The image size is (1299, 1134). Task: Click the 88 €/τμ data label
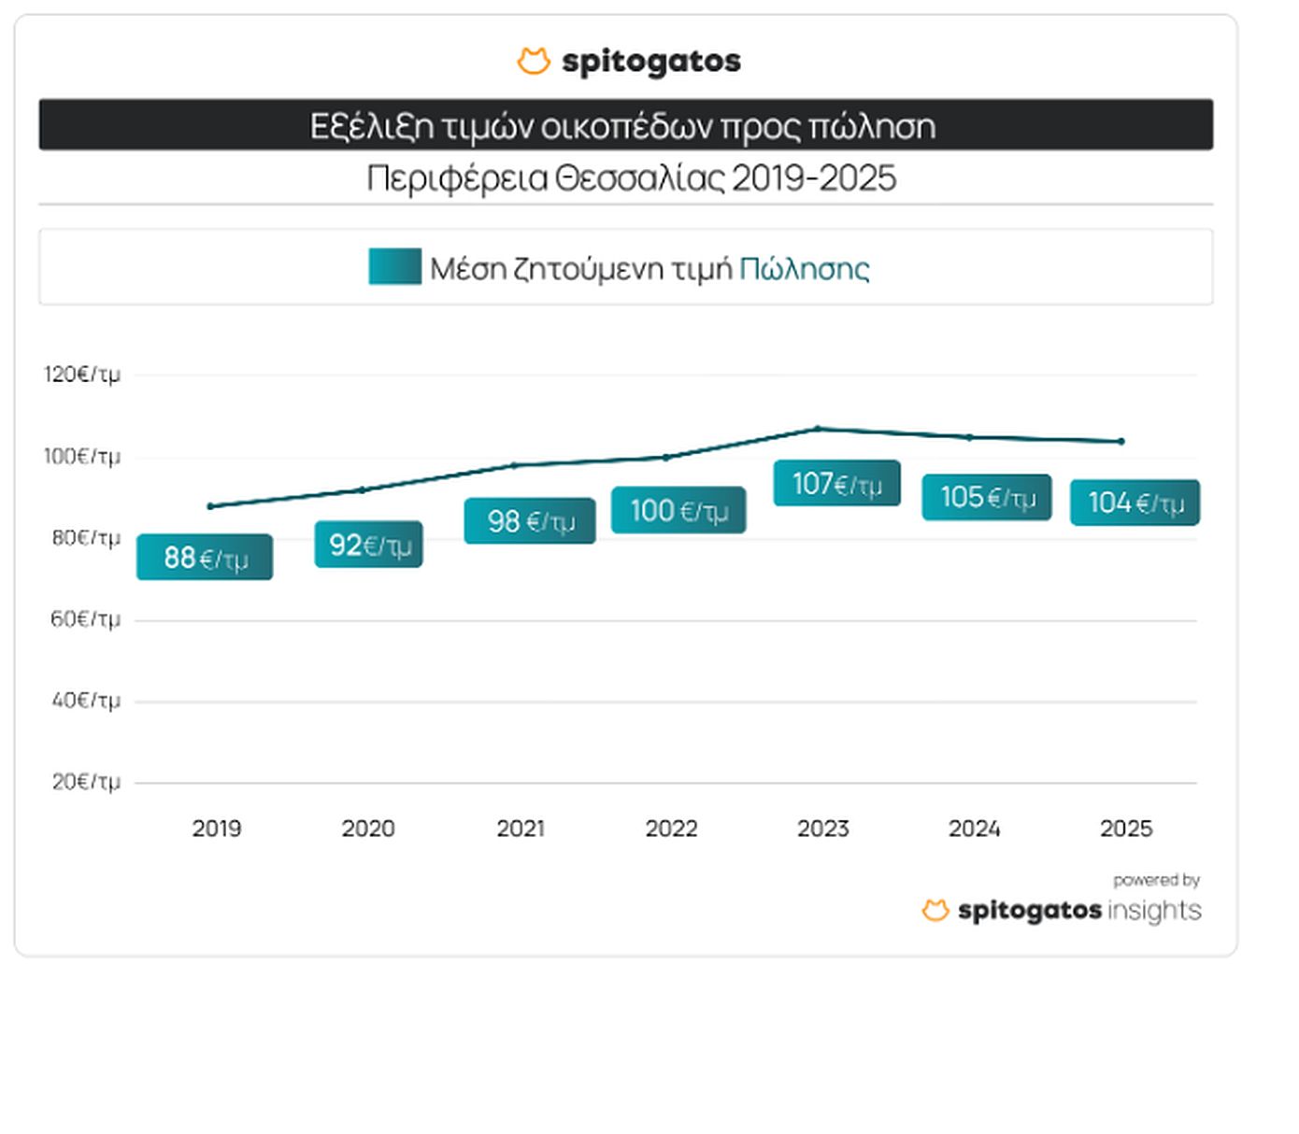coord(205,558)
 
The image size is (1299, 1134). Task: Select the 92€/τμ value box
coord(369,545)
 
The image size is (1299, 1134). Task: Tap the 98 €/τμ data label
coord(530,521)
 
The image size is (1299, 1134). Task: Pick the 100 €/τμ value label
coord(678,511)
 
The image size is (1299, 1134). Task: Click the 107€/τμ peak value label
coord(837,484)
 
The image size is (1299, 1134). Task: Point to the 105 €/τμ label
coord(987,497)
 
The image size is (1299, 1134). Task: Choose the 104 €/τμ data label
coord(1135,503)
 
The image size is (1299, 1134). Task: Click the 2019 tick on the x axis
coord(217,829)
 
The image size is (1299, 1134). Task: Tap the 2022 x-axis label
coord(672,829)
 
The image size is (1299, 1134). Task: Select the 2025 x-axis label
coord(1126,829)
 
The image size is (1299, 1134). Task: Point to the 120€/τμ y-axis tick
coord(82,375)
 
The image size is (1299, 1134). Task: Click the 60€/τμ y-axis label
coord(85,619)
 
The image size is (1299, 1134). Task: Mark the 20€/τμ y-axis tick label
coord(85,782)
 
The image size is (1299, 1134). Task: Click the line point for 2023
coord(818,429)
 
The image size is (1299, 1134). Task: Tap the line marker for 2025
coord(1121,442)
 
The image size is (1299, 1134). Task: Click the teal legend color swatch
coord(394,267)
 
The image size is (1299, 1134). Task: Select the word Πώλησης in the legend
coord(805,269)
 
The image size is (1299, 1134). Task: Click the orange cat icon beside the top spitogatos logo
coord(534,62)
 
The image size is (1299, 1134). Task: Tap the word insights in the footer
coord(1154,911)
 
